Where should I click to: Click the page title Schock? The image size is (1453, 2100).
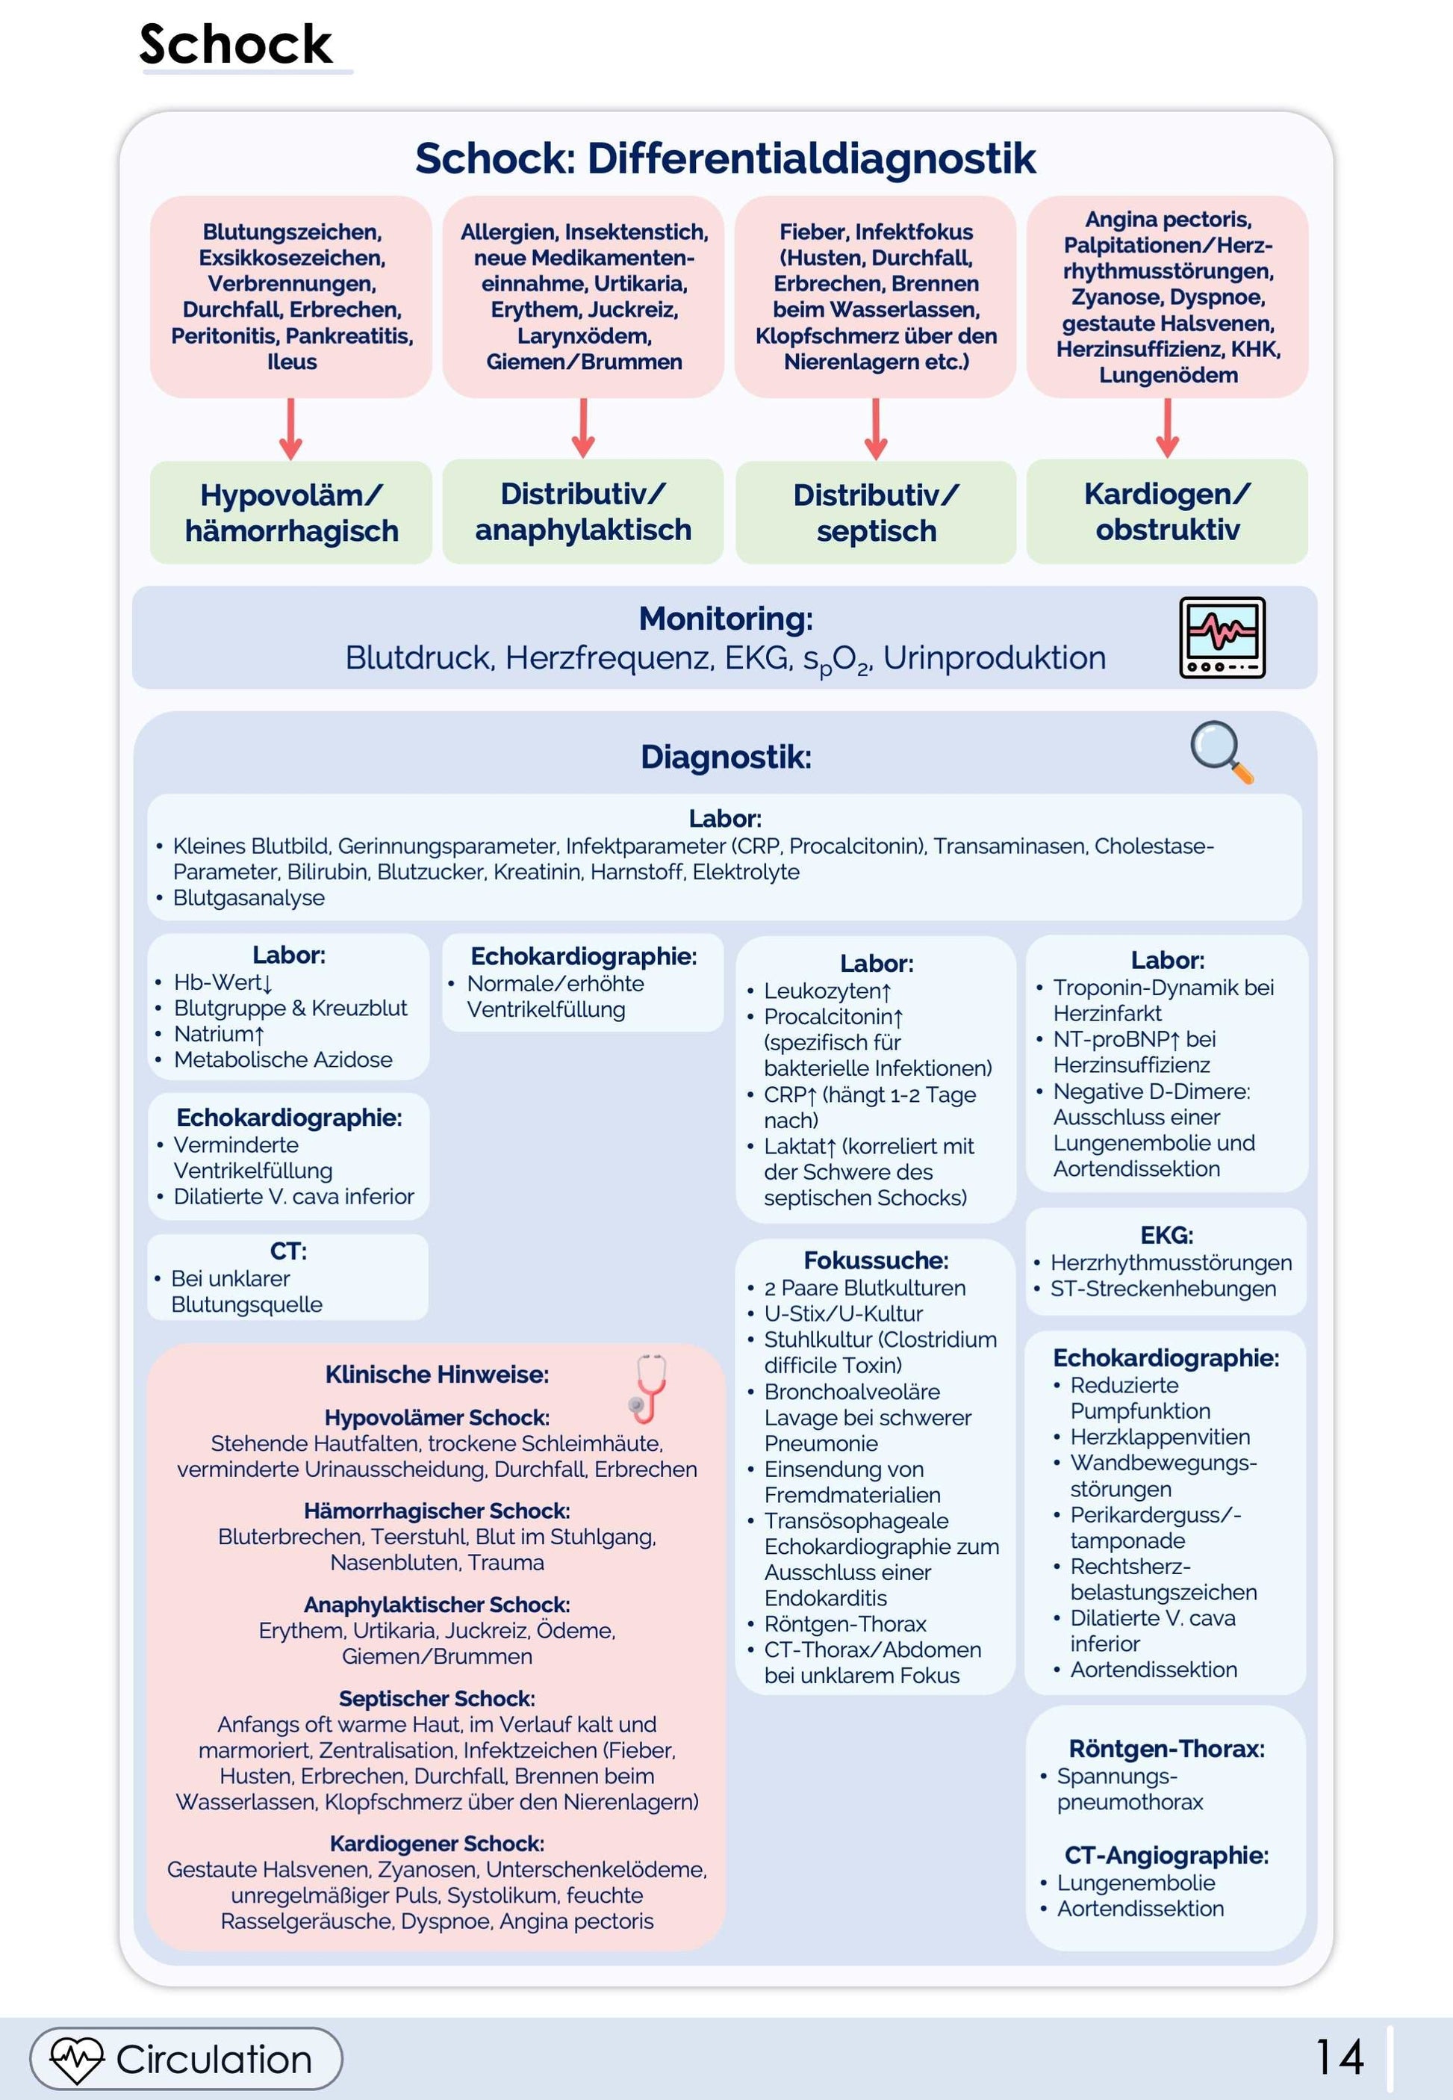point(236,45)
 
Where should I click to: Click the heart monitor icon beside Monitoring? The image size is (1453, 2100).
point(1222,636)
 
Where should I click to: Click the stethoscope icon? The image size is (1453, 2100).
point(649,1388)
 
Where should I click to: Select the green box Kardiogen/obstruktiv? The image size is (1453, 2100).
point(1167,512)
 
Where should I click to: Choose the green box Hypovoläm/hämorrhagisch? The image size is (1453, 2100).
point(291,512)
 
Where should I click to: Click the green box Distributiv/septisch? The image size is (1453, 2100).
point(876,512)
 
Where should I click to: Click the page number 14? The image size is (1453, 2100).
point(1340,2057)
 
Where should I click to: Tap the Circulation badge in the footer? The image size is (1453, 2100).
point(187,2058)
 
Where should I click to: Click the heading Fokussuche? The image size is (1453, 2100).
point(876,1260)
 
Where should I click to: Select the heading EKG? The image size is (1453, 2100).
point(1166,1235)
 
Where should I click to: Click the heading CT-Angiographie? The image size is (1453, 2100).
point(1166,1855)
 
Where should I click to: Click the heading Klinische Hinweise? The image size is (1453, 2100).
point(437,1374)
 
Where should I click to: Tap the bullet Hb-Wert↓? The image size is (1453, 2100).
point(223,982)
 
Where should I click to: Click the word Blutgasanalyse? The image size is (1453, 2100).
point(249,898)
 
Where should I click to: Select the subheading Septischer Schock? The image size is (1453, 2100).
point(437,1698)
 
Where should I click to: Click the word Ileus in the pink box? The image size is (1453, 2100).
point(291,362)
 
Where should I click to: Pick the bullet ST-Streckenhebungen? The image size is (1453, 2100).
point(1163,1289)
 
